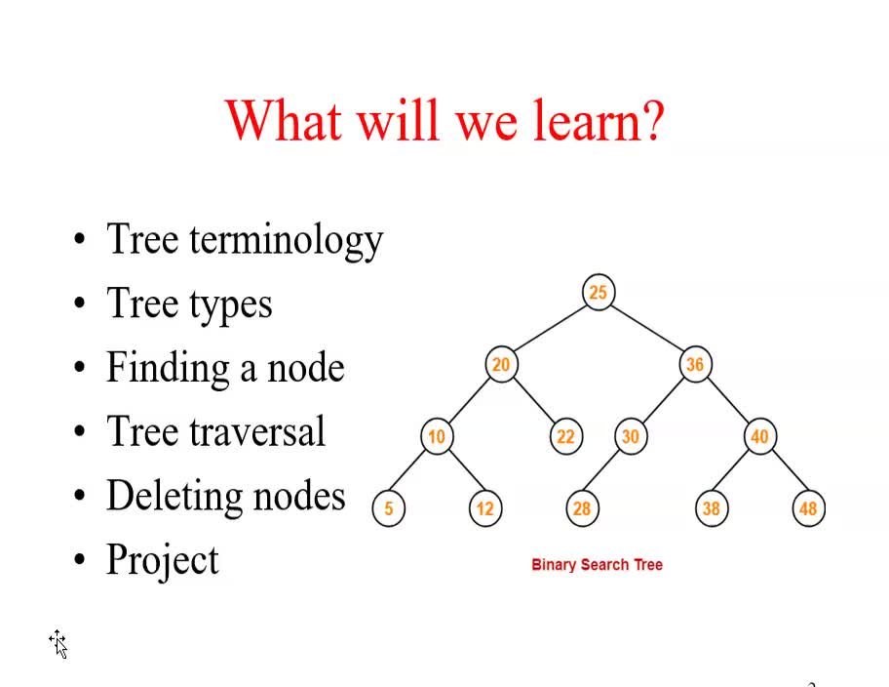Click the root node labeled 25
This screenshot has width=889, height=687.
[598, 292]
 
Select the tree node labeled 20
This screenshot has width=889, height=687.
[500, 364]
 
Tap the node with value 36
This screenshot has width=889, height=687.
[694, 364]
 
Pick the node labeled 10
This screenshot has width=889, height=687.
[436, 436]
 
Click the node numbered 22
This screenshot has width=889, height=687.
[565, 436]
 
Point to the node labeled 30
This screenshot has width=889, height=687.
[630, 436]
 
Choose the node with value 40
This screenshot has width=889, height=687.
[759, 436]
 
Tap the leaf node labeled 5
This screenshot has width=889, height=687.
[388, 508]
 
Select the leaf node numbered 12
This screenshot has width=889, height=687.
[484, 508]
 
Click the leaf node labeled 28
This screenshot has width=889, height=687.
[582, 508]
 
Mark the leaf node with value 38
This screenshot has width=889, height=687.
[711, 508]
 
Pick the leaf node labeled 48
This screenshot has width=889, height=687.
[808, 508]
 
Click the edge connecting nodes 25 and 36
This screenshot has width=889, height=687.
[646, 328]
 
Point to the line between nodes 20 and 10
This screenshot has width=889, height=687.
[468, 400]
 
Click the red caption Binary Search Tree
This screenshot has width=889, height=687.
[597, 564]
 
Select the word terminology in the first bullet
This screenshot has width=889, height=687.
[286, 240]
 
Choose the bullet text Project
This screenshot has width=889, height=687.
[163, 560]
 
